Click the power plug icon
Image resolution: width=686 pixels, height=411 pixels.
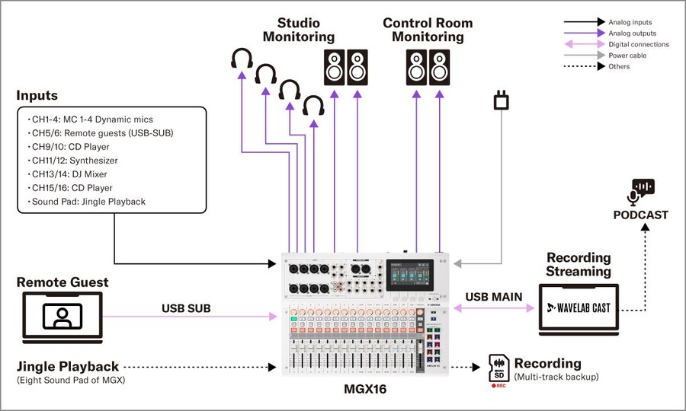point(501,100)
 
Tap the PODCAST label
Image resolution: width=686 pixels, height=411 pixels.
point(640,215)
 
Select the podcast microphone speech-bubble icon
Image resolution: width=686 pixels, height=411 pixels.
point(640,191)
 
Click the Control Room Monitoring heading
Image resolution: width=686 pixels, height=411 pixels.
point(428,30)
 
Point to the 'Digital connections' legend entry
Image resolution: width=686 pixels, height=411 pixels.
point(639,44)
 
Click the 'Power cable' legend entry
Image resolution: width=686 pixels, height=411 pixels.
point(629,56)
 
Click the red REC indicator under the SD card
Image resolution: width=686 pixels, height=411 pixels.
point(499,385)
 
